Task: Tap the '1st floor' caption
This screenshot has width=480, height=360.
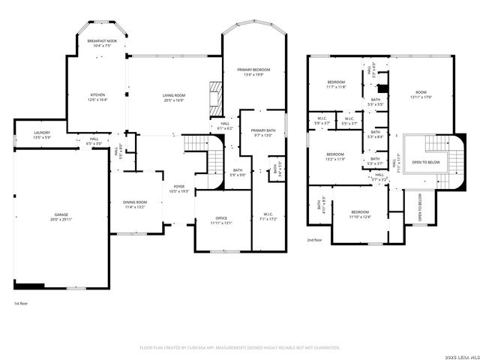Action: (22, 304)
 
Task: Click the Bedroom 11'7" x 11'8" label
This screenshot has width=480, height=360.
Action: (336, 84)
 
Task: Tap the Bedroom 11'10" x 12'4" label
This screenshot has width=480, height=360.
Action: (361, 215)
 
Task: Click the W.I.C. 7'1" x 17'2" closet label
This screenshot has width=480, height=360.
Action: (268, 217)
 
